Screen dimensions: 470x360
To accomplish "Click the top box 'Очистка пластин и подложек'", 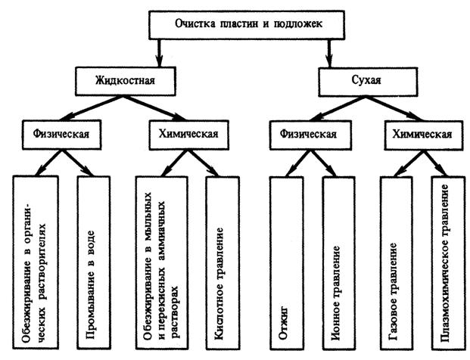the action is [247, 25].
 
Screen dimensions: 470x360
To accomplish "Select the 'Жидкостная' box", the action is [126, 81].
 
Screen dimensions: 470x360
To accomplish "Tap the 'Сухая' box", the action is [368, 82].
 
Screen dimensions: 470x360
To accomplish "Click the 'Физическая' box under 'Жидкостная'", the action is [61, 135].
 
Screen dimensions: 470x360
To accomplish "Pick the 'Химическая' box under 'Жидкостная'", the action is [189, 135].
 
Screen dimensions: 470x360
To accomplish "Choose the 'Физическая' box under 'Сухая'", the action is [310, 135].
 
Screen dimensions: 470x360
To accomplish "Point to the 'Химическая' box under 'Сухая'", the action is [424, 135].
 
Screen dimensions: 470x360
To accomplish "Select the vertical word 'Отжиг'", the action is [283, 323].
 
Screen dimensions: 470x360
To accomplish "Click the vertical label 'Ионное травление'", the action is [336, 293].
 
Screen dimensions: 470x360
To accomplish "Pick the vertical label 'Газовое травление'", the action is [394, 291].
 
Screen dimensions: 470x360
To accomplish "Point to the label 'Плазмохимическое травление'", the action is [446, 262].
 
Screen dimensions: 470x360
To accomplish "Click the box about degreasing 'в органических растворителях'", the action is [36, 262].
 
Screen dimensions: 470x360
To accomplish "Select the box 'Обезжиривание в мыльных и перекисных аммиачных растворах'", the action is [162, 262].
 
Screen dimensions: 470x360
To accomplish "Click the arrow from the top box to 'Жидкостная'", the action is [159, 53].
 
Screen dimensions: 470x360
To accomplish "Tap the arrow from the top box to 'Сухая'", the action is [329, 53].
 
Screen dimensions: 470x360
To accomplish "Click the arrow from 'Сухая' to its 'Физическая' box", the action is [338, 108].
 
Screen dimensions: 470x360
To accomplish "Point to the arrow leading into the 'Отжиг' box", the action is [297, 163].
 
